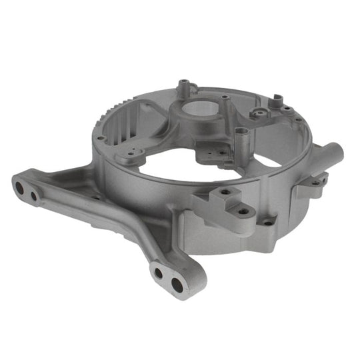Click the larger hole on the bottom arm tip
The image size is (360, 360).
pyautogui.click(x=177, y=285)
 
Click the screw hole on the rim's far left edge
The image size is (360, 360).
pyautogui.click(x=101, y=138)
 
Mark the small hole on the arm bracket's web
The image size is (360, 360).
pyautogui.click(x=96, y=197)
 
